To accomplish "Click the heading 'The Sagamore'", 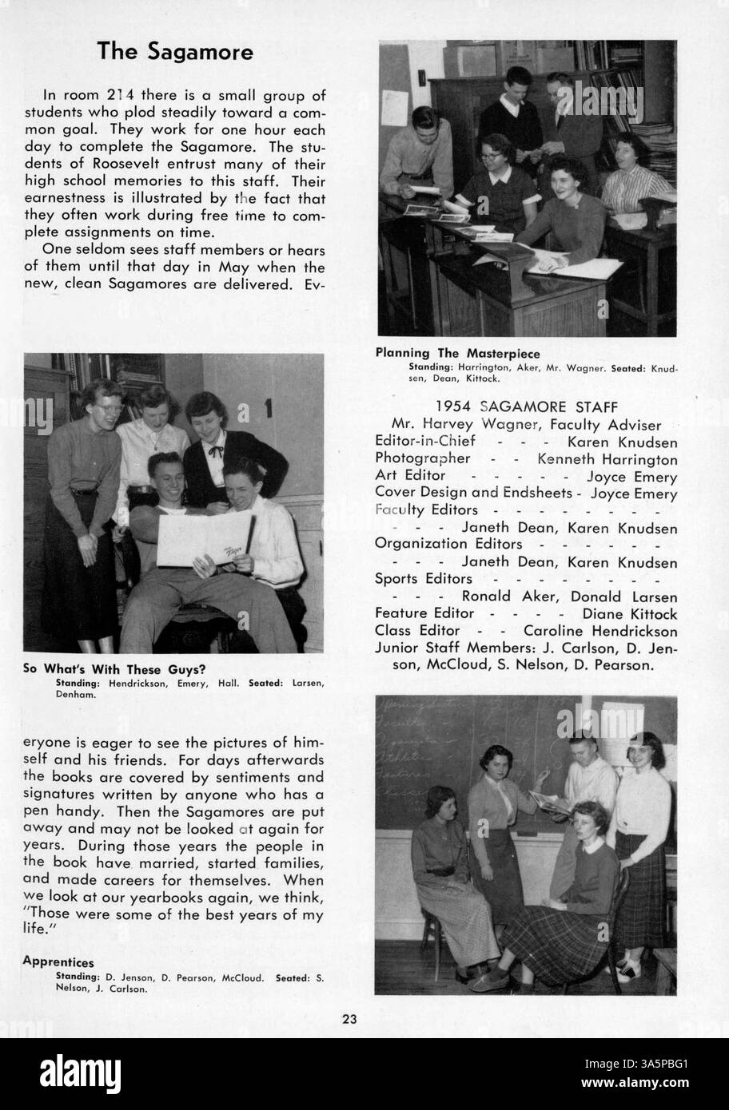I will click(175, 52).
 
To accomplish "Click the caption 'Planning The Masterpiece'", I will click(458, 353).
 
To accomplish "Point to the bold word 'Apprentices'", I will click(58, 962).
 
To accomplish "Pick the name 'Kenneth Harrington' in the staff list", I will click(607, 459).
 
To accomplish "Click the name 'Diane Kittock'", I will click(630, 614).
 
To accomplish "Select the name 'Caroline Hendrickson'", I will click(600, 631).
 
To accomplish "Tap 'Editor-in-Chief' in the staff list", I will click(425, 442).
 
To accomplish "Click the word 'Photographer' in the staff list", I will click(423, 459).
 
